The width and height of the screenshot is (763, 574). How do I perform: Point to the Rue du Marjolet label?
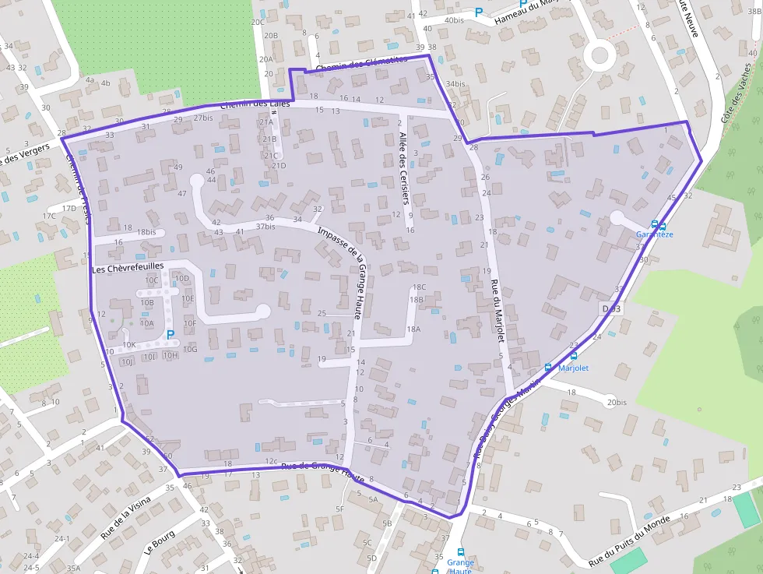coord(498,311)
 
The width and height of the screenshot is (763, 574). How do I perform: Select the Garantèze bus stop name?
coord(654,234)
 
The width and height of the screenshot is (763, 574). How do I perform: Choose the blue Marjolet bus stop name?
coord(574,368)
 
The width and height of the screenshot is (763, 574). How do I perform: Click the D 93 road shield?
coord(610,309)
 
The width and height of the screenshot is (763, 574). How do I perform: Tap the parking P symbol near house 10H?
coord(170,334)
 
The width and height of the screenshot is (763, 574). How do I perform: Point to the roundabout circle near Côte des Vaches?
coord(599,55)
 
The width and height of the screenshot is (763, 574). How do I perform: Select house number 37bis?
coord(265,227)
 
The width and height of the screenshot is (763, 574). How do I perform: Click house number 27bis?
coord(202,118)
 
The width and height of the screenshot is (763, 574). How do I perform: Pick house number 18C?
coord(419,287)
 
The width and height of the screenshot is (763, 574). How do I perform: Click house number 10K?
coord(129,345)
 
